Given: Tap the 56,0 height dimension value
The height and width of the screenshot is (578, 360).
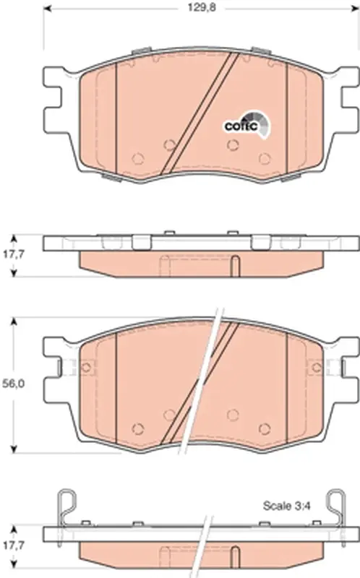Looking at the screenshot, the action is click(14, 384).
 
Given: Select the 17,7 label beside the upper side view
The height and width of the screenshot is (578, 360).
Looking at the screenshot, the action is click(14, 254).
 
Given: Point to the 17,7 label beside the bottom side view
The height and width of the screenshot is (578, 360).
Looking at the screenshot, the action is click(14, 545).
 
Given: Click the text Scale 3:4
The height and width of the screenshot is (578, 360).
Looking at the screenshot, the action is click(286, 506).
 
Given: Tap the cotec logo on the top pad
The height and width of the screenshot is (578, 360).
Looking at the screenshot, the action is click(247, 125).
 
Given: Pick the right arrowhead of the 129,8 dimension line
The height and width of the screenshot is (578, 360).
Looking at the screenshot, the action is click(354, 8).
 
